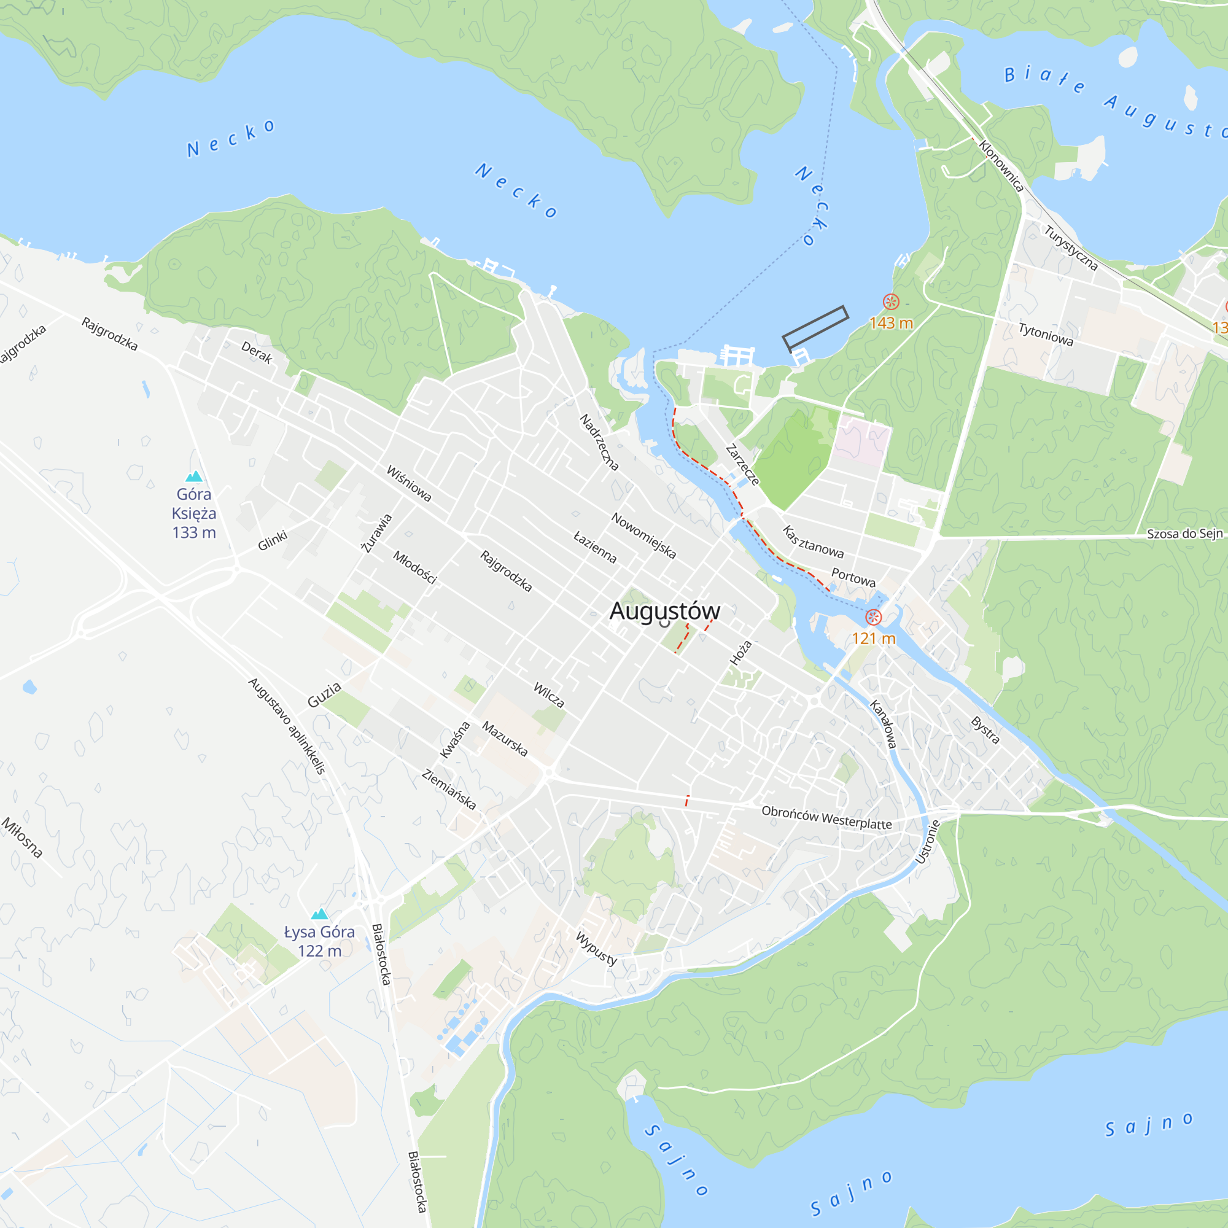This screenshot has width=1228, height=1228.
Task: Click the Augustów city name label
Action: pos(664,611)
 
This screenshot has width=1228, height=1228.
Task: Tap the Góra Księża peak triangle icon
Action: pos(194,476)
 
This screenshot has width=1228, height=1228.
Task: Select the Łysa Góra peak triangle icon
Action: pos(319,914)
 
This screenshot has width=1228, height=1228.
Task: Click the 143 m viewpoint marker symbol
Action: pos(891,302)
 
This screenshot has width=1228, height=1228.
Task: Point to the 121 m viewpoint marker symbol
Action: pos(874,616)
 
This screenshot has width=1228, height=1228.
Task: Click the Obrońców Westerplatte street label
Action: pos(826,818)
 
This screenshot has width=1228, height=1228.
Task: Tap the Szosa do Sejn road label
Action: pos(1184,534)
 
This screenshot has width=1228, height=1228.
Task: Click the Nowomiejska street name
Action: pos(643,536)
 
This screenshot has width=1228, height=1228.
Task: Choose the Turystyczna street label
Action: pos(1070,248)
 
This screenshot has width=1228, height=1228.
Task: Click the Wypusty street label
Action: pos(596,949)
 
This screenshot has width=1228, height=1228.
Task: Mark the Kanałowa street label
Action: pos(883,724)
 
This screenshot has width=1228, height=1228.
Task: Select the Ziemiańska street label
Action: pos(449,790)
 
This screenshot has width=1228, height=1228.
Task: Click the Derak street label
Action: pos(257,352)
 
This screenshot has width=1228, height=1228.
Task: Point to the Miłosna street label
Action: pos(22,837)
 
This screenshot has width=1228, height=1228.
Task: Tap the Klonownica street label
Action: pos(1001,166)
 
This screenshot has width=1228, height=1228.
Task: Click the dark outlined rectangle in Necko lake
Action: pos(815,327)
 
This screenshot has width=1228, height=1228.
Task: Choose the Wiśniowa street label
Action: pos(409,483)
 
